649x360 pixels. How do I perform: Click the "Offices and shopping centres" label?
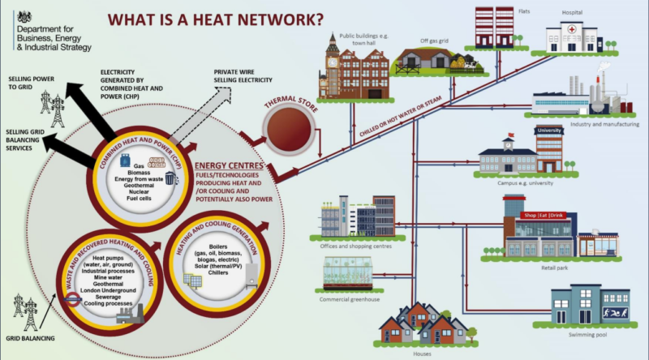pyautogui.click(x=350, y=242)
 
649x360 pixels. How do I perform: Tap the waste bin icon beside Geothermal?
pyautogui.click(x=170, y=178)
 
